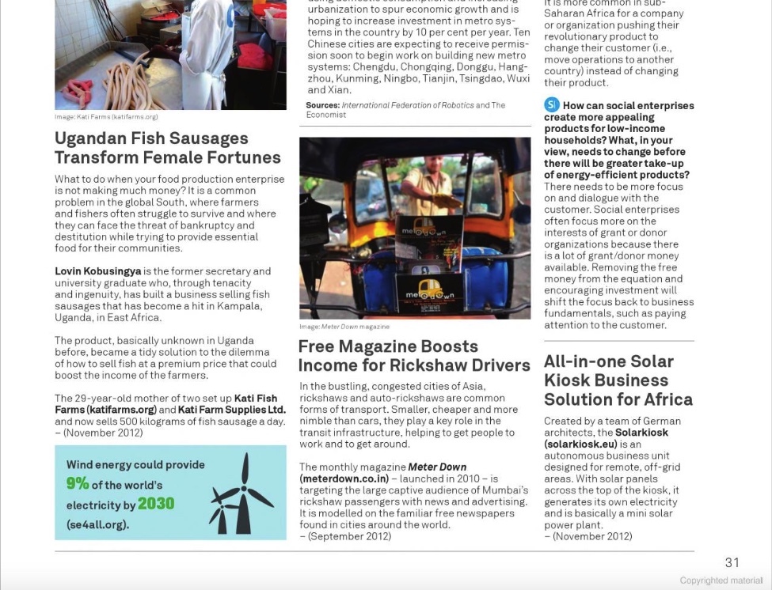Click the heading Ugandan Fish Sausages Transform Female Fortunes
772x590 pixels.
pos(167,148)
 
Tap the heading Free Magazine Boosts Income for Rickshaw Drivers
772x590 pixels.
pos(413,356)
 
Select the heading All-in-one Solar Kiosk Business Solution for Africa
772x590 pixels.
pos(618,380)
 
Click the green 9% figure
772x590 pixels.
pos(78,484)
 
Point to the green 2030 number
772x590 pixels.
pos(156,504)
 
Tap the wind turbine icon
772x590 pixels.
pos(241,494)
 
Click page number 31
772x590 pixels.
pos(732,562)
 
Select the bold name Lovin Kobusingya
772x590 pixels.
pos(97,271)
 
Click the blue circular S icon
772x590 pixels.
pos(552,105)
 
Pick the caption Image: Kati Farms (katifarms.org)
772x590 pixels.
pos(106,117)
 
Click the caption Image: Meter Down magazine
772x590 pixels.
pos(344,327)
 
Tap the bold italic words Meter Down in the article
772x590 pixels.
pos(437,467)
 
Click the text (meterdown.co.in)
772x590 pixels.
pos(344,478)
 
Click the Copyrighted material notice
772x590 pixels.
pos(721,581)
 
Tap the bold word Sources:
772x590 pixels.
pos(322,105)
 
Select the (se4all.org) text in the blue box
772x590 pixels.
pos(97,524)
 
